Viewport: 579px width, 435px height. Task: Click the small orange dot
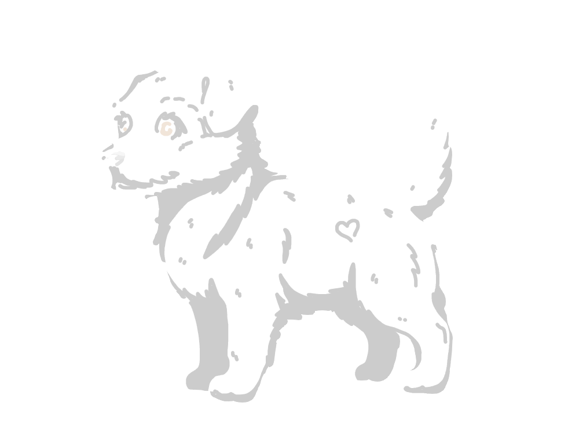[125, 129]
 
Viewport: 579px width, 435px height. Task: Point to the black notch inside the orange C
[167, 128]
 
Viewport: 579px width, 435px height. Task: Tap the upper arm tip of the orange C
[170, 125]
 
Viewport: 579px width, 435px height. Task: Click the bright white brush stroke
[112, 152]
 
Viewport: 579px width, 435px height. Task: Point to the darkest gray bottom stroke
[119, 162]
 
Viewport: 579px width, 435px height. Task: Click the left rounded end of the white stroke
[108, 155]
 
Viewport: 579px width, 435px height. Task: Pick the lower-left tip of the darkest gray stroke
[116, 165]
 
